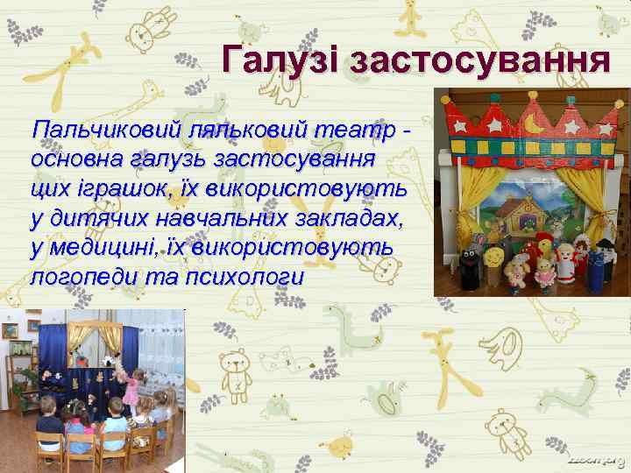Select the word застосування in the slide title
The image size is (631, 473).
tap(479, 60)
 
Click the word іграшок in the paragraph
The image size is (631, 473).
tap(115, 189)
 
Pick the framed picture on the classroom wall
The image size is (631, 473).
tap(10, 331)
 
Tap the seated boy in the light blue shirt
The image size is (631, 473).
tap(78, 429)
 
